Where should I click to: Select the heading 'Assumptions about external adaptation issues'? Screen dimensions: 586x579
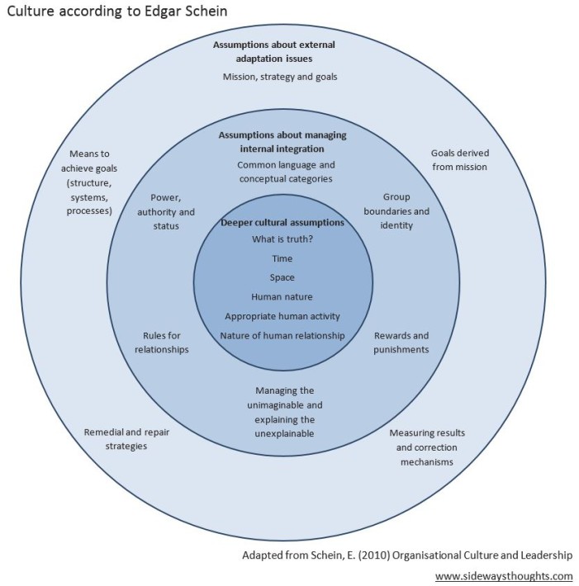tap(281, 53)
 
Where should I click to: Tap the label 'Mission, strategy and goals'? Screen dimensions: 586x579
tap(280, 77)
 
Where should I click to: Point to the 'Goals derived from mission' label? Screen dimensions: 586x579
tap(458, 159)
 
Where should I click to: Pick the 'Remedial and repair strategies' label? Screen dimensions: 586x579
tap(116, 439)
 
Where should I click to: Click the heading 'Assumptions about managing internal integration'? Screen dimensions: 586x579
tap(282, 142)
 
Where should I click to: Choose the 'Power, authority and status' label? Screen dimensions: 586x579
tap(166, 212)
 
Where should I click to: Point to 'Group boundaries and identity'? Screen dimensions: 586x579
tap(396, 211)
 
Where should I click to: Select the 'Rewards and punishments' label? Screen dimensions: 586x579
tap(401, 343)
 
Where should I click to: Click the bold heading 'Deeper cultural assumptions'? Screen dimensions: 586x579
tap(282, 223)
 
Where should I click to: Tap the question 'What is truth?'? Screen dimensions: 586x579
tap(282, 239)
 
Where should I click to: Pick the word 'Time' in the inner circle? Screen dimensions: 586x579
tap(282, 258)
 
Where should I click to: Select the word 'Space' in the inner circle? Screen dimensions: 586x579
tap(282, 277)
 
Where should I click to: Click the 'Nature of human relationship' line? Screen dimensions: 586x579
tap(282, 335)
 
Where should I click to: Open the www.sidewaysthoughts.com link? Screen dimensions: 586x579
tap(504, 575)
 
